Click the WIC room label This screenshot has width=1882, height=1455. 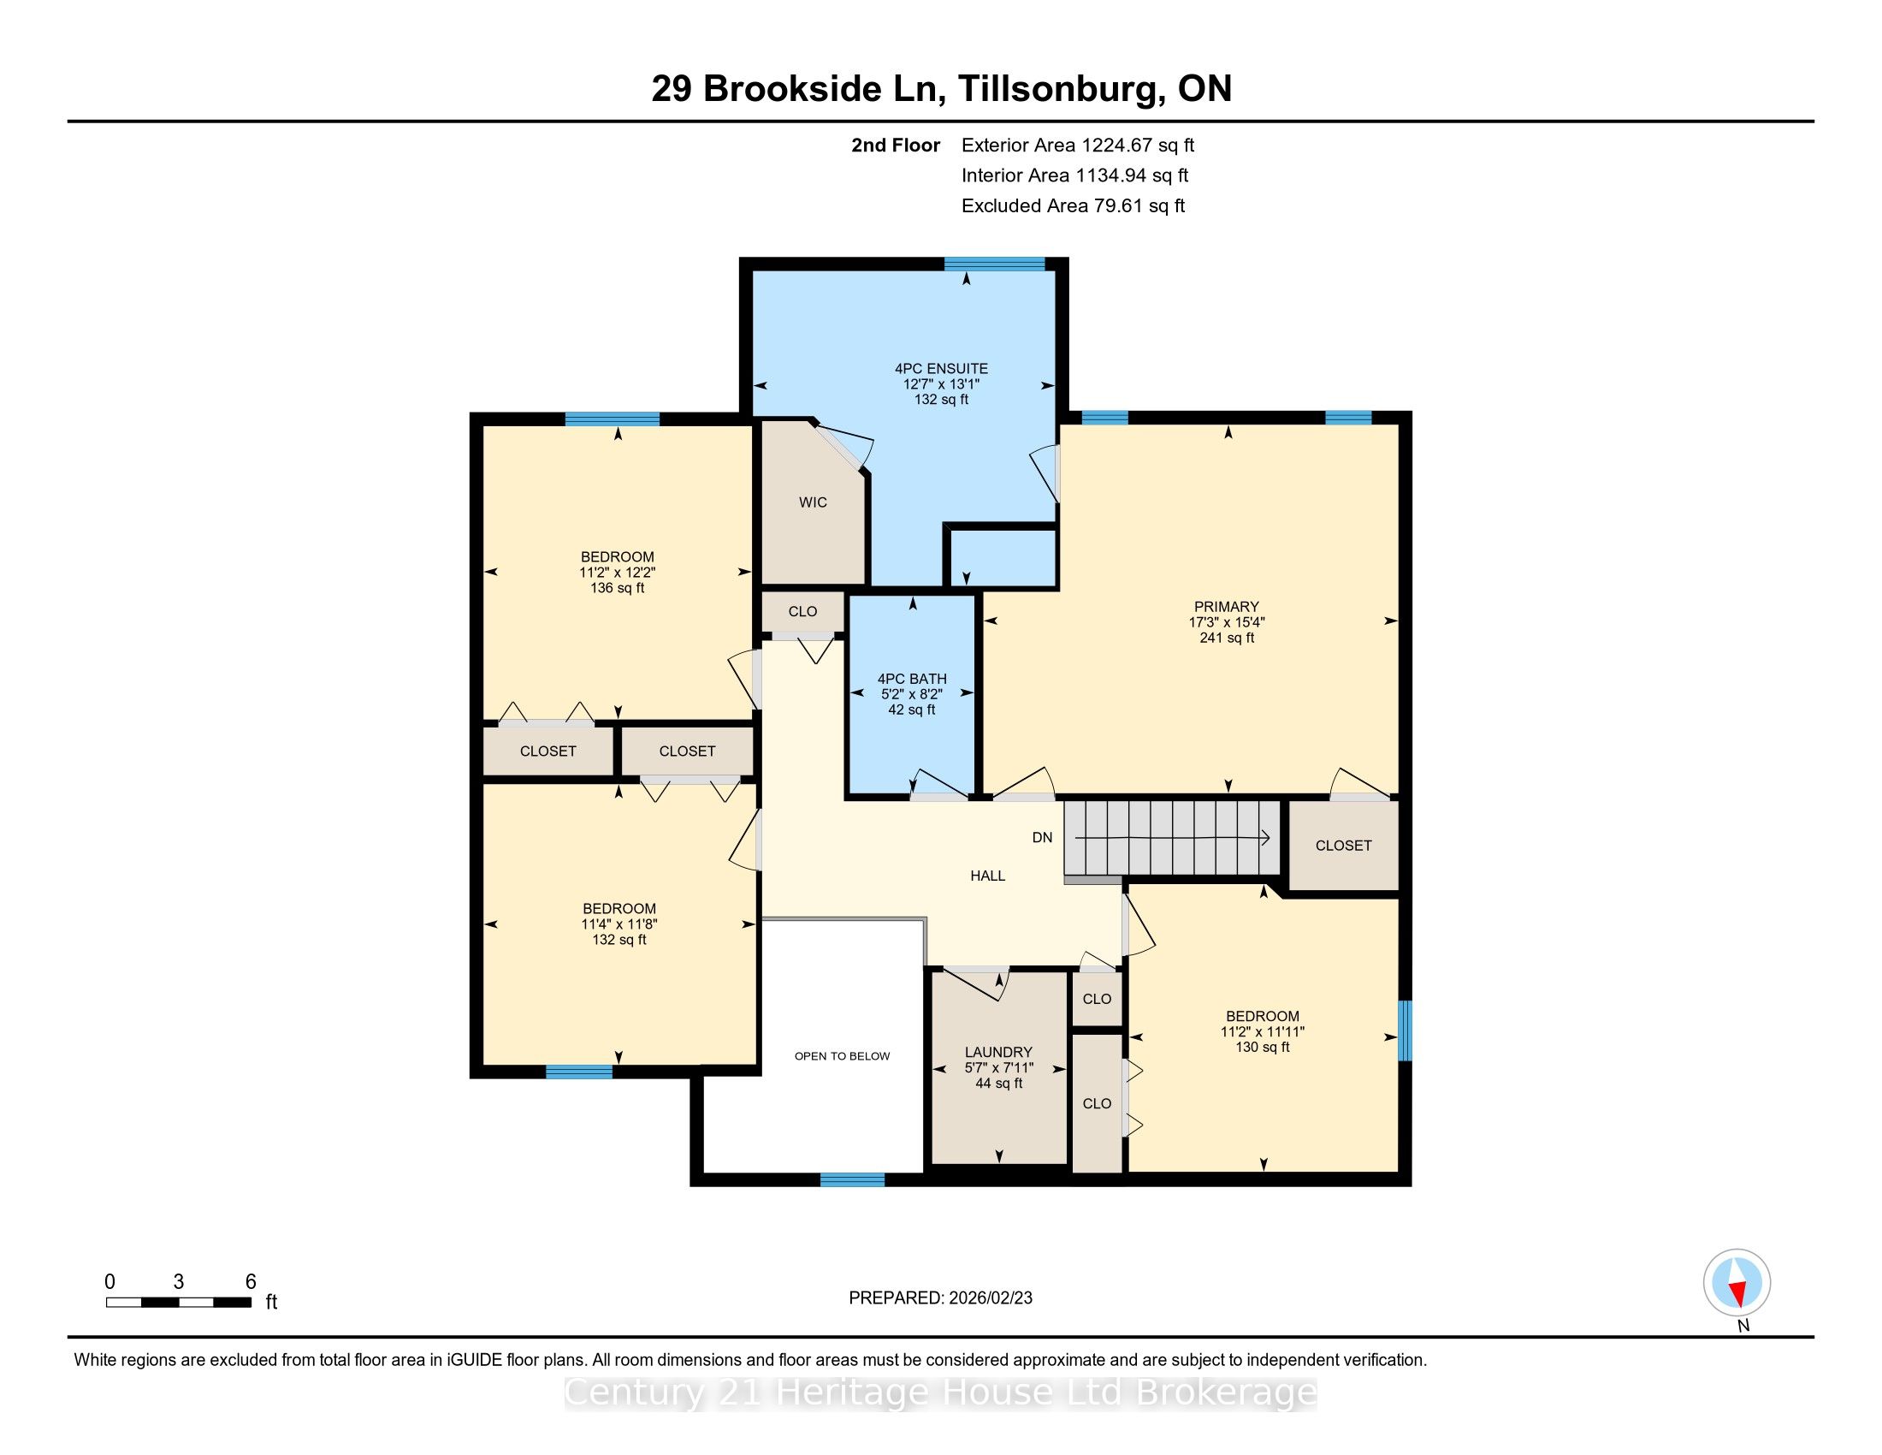(813, 502)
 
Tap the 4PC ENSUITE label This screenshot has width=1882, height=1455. (941, 369)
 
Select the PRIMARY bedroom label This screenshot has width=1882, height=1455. (1226, 607)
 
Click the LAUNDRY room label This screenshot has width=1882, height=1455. (998, 1053)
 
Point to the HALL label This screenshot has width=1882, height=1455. (987, 876)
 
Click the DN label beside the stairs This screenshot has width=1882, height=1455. (1043, 838)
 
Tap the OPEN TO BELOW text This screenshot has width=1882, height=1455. (842, 1056)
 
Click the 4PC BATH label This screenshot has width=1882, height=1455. (912, 680)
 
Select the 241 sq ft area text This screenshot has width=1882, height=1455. (1226, 638)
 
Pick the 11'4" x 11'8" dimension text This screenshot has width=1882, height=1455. (618, 924)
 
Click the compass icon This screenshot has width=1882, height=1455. (1737, 1282)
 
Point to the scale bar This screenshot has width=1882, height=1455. (179, 1303)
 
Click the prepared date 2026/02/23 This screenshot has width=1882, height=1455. (990, 1298)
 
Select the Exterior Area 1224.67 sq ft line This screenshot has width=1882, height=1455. (1078, 145)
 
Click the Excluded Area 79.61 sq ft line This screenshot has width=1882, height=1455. (1073, 206)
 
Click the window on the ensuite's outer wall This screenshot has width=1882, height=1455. (994, 264)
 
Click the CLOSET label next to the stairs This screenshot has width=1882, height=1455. (1343, 846)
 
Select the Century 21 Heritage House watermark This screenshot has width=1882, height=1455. (941, 1393)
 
